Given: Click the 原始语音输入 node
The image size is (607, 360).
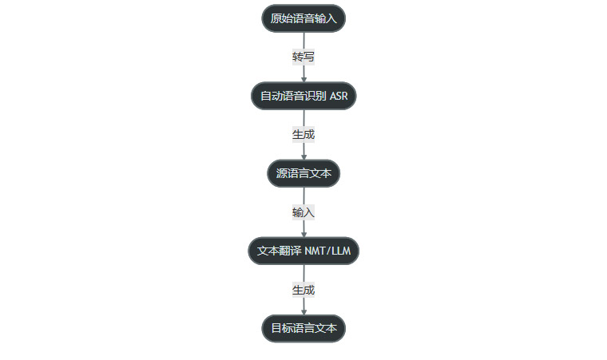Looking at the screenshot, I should click(x=303, y=18).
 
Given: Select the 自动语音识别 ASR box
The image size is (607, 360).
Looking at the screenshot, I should click(x=303, y=96).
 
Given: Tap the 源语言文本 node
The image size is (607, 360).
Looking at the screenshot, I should click(x=303, y=173).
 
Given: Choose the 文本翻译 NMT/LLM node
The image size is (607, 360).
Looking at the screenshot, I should click(x=303, y=251).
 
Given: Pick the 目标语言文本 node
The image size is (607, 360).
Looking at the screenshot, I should click(x=303, y=328).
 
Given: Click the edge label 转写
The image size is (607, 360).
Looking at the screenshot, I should click(x=303, y=57).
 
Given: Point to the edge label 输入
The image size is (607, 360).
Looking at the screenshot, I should click(x=303, y=212).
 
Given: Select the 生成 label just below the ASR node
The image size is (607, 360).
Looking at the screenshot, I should click(x=303, y=134).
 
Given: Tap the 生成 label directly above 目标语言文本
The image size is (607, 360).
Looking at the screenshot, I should click(x=303, y=290).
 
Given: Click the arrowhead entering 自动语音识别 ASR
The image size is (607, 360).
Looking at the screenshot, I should click(x=303, y=79).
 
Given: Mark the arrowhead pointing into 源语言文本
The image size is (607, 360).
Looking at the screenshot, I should click(x=303, y=156).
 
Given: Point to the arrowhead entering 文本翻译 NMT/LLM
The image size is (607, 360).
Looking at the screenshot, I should click(x=303, y=234).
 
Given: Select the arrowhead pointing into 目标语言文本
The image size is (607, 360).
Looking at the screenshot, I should click(x=303, y=311).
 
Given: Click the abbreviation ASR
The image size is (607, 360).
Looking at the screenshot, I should click(x=339, y=96).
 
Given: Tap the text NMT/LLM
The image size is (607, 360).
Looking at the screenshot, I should click(x=327, y=251).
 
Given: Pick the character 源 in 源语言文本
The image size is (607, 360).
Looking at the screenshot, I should click(x=281, y=173).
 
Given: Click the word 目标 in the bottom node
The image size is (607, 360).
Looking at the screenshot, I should click(x=281, y=328).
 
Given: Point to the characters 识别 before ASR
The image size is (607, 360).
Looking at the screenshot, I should click(x=315, y=96).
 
